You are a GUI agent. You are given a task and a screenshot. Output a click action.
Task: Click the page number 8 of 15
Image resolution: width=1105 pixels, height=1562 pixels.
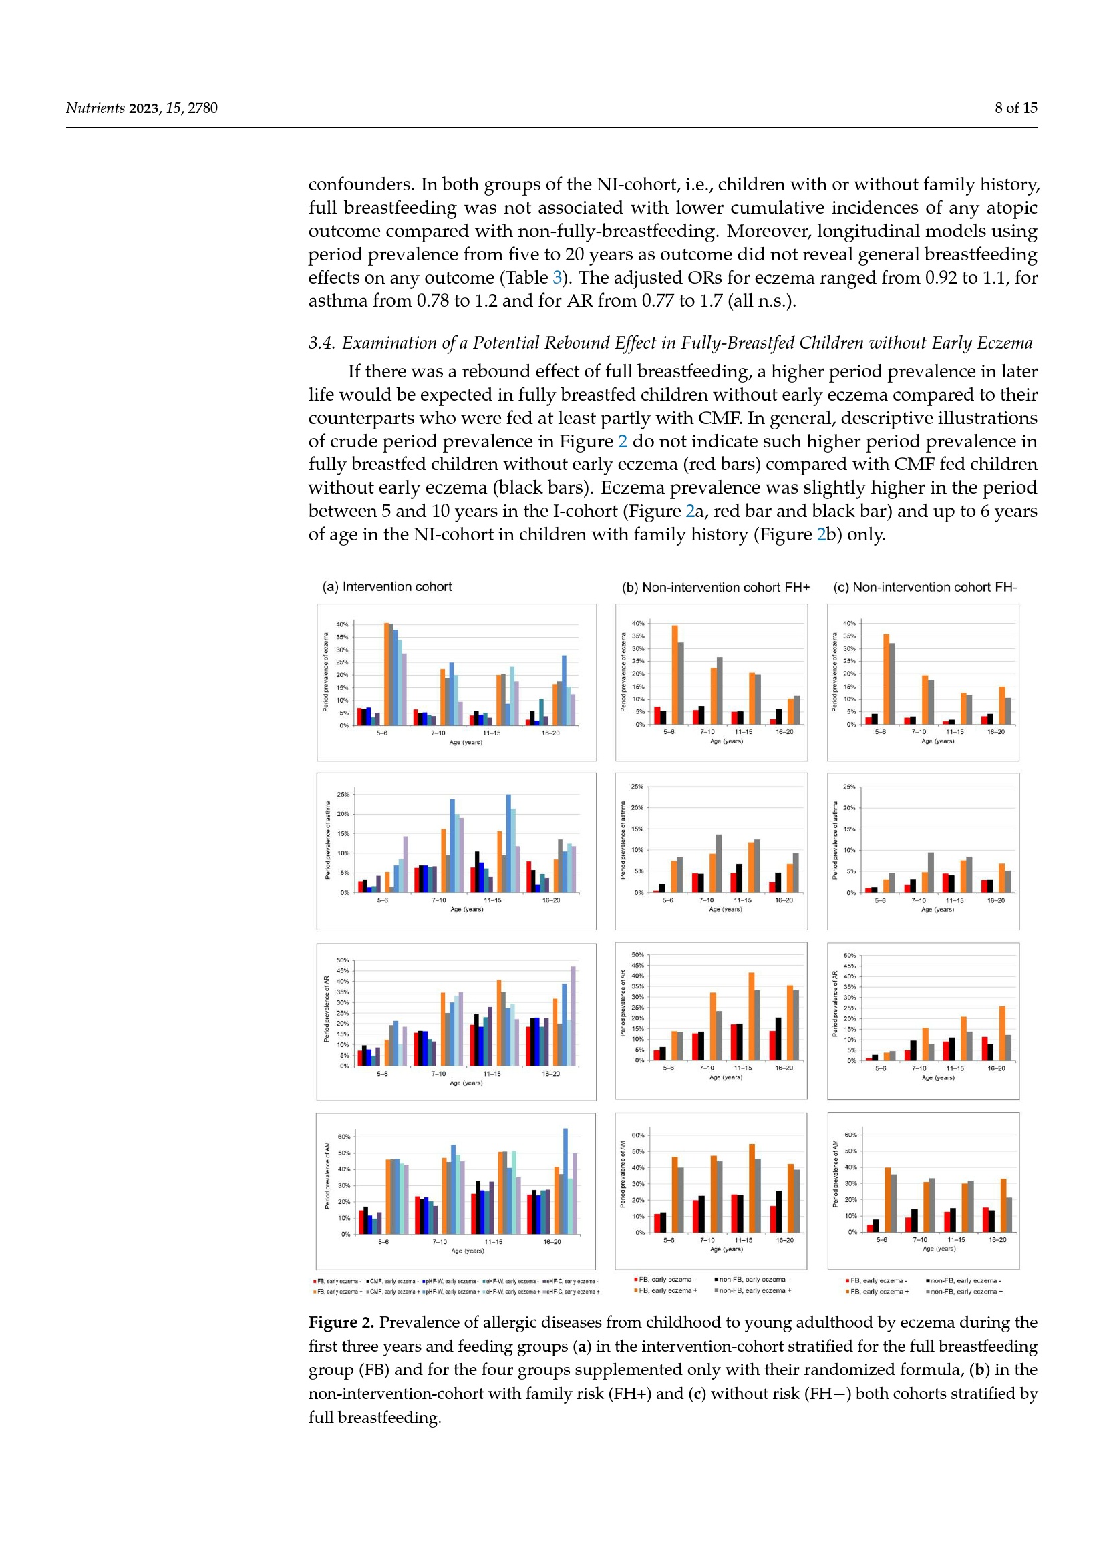pos(1015,108)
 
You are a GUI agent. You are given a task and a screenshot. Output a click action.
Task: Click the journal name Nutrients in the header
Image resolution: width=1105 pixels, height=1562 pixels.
pos(95,108)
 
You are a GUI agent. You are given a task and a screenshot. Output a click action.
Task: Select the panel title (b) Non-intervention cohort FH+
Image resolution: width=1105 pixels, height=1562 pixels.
pos(715,587)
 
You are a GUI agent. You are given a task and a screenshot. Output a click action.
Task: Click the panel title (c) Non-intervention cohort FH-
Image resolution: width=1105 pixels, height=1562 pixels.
pos(925,587)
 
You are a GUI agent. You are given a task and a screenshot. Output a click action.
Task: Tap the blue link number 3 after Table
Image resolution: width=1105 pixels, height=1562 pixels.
pos(557,278)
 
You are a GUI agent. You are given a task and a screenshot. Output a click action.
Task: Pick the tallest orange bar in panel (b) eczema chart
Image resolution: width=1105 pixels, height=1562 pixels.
pos(674,674)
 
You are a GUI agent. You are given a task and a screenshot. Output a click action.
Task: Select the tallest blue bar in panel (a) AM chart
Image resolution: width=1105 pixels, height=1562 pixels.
pos(565,1180)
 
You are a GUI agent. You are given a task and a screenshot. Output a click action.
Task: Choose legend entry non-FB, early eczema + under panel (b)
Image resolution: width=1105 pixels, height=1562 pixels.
pos(754,1290)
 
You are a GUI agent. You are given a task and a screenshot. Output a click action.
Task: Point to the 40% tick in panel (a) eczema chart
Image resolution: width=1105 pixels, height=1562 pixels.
pos(342,624)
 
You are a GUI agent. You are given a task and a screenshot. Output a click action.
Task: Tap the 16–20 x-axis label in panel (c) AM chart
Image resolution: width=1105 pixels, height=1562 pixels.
pos(997,1239)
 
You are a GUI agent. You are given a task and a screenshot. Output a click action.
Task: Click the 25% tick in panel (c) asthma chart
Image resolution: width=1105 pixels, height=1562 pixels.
pos(849,787)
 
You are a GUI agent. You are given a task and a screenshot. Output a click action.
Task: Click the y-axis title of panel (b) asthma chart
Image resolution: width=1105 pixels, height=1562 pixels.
pos(623,839)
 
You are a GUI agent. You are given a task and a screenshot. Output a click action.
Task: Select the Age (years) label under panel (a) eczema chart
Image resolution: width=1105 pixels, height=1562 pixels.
pos(466,741)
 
